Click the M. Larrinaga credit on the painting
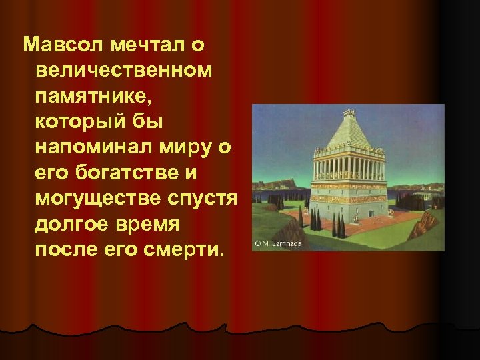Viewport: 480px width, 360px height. coord(277,245)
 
